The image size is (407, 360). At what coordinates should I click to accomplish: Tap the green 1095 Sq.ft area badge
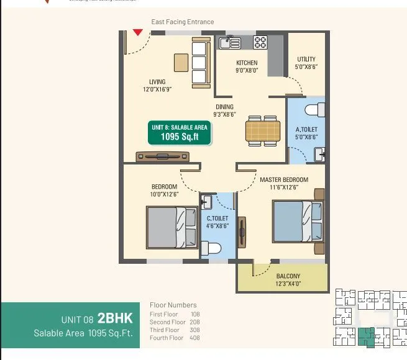179,132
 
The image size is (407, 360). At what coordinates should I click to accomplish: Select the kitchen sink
229,42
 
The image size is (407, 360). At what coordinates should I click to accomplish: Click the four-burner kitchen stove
260,42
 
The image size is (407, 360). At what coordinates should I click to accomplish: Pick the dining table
262,130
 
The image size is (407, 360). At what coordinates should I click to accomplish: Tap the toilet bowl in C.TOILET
213,249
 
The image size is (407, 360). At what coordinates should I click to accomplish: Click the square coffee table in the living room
181,62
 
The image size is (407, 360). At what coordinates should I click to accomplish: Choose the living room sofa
200,63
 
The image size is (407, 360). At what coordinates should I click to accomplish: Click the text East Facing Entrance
183,22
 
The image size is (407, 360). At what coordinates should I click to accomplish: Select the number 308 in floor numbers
195,330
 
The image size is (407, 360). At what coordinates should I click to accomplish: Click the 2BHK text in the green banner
115,319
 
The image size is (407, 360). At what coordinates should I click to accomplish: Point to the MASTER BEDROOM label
283,180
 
